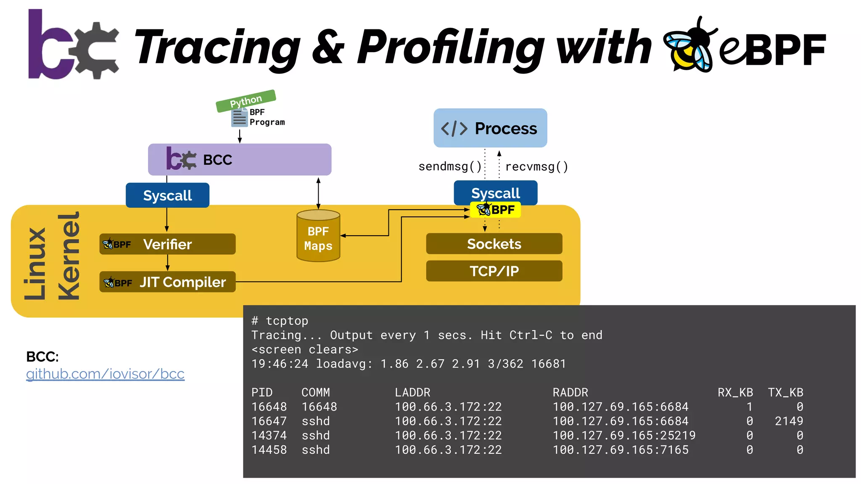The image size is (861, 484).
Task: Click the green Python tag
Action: (246, 101)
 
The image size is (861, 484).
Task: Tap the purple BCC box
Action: (240, 160)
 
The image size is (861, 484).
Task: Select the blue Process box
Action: (490, 128)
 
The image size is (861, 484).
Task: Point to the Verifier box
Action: (167, 244)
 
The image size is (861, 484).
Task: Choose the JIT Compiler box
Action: (167, 282)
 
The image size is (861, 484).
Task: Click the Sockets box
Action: (494, 244)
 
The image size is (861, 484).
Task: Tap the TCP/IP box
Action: (494, 271)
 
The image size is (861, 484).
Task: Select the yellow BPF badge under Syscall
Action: (496, 210)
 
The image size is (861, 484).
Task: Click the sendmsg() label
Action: (450, 166)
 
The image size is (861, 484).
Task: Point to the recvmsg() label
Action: (536, 167)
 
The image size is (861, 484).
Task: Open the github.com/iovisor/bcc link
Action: (105, 374)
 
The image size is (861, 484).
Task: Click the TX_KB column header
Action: (785, 392)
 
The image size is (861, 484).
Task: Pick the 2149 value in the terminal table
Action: (789, 421)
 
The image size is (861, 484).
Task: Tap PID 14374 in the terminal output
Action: (269, 435)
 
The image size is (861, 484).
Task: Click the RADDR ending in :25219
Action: (624, 435)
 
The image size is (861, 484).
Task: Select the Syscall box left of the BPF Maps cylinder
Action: (167, 195)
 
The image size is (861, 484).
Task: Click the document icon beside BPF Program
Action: (239, 118)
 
